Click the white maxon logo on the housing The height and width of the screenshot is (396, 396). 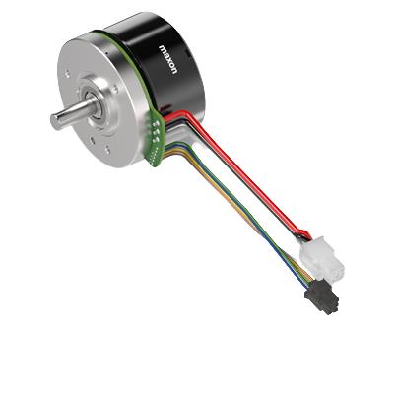coord(168,59)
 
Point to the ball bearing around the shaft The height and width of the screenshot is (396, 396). coord(95,105)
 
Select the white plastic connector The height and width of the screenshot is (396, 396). coord(322,259)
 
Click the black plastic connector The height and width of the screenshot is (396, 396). coord(322,297)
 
